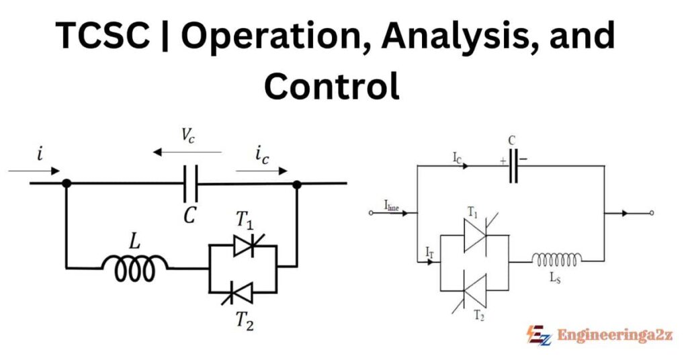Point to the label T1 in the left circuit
point(244,219)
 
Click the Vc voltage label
point(189,135)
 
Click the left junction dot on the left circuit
point(66,183)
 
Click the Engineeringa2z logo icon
point(538,334)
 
